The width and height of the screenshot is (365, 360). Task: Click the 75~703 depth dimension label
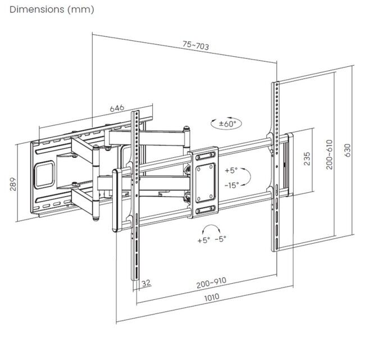coord(195,46)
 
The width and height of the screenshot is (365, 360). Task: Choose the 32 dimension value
coord(147,283)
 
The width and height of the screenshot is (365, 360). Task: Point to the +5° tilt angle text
coord(231,170)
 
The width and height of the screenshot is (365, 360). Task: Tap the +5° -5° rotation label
coord(211,239)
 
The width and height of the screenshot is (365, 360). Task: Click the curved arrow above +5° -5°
coord(211,227)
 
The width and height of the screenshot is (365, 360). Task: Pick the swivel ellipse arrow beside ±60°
coord(212,122)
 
